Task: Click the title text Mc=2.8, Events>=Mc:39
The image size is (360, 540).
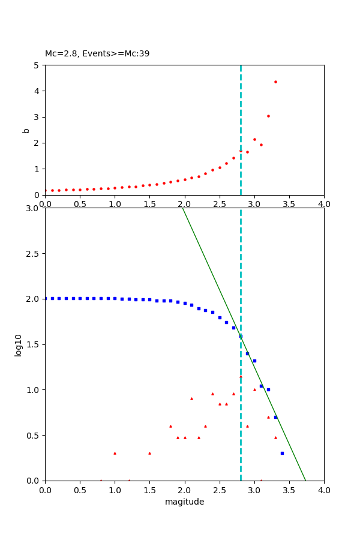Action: click(x=97, y=53)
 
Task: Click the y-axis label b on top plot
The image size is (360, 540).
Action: click(x=26, y=130)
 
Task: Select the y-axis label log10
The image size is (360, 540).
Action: click(x=19, y=345)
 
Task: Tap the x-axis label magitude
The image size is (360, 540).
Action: click(x=184, y=502)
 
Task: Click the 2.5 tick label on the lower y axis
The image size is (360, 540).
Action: click(x=34, y=253)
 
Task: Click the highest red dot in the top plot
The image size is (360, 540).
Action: click(x=275, y=82)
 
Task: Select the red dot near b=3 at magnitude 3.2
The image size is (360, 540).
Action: click(x=268, y=116)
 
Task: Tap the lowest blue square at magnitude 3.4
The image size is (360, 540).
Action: click(x=282, y=453)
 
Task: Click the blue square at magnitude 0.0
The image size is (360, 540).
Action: click(x=46, y=298)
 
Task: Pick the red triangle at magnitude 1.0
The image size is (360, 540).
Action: click(x=115, y=453)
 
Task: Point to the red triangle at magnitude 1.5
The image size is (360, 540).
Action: click(x=149, y=453)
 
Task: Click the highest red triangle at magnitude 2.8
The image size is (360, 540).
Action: click(x=241, y=376)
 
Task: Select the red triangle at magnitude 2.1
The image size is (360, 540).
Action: click(x=191, y=398)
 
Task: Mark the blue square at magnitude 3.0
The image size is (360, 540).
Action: click(x=254, y=361)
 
